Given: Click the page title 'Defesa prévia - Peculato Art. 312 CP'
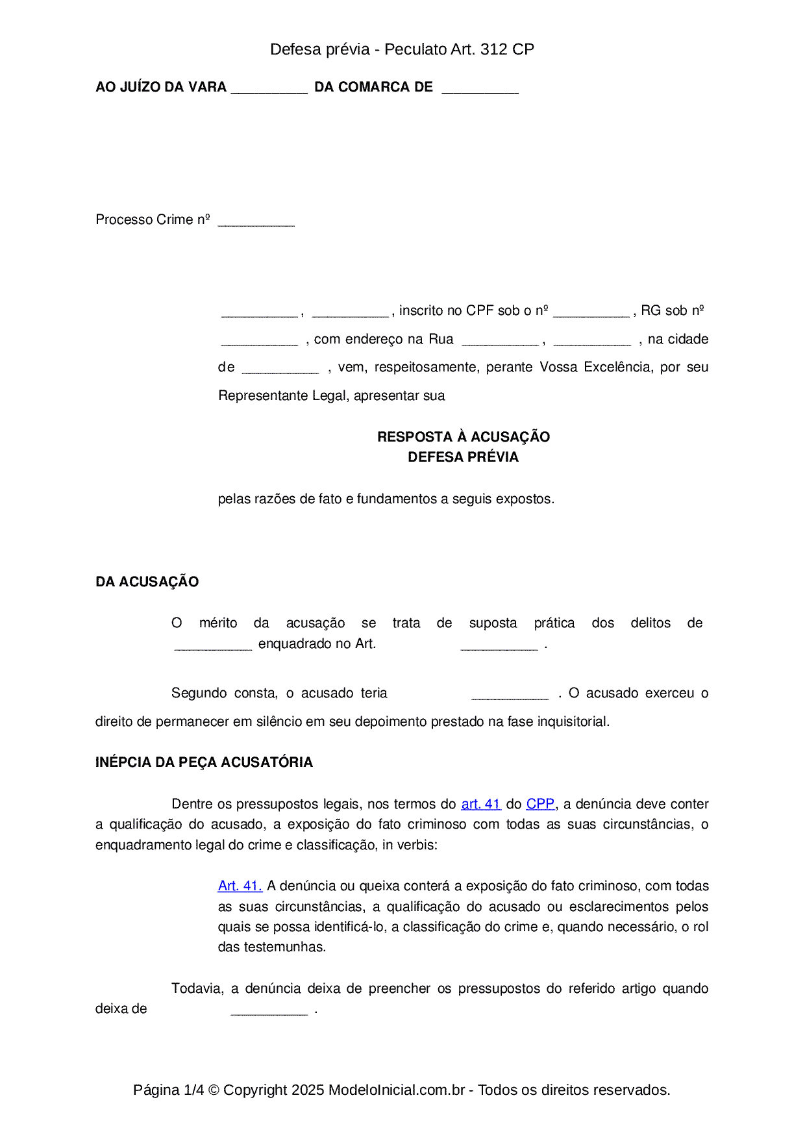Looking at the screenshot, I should pos(402,49).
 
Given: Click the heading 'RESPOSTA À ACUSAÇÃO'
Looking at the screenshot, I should pos(463,436).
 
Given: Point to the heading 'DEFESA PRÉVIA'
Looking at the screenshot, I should pos(463,457).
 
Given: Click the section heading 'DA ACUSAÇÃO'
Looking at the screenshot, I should pos(147,582).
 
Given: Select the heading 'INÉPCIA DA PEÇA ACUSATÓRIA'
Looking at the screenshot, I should pos(204,762).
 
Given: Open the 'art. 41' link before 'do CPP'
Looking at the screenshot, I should pos(480,804).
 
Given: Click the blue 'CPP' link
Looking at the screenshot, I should pos(540,804).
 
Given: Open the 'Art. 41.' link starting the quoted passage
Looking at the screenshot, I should pos(240,886).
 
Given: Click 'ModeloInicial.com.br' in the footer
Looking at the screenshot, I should pos(396,1090).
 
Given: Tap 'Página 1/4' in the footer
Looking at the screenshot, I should pos(168,1090).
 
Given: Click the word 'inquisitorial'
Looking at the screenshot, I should pos(573,721).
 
